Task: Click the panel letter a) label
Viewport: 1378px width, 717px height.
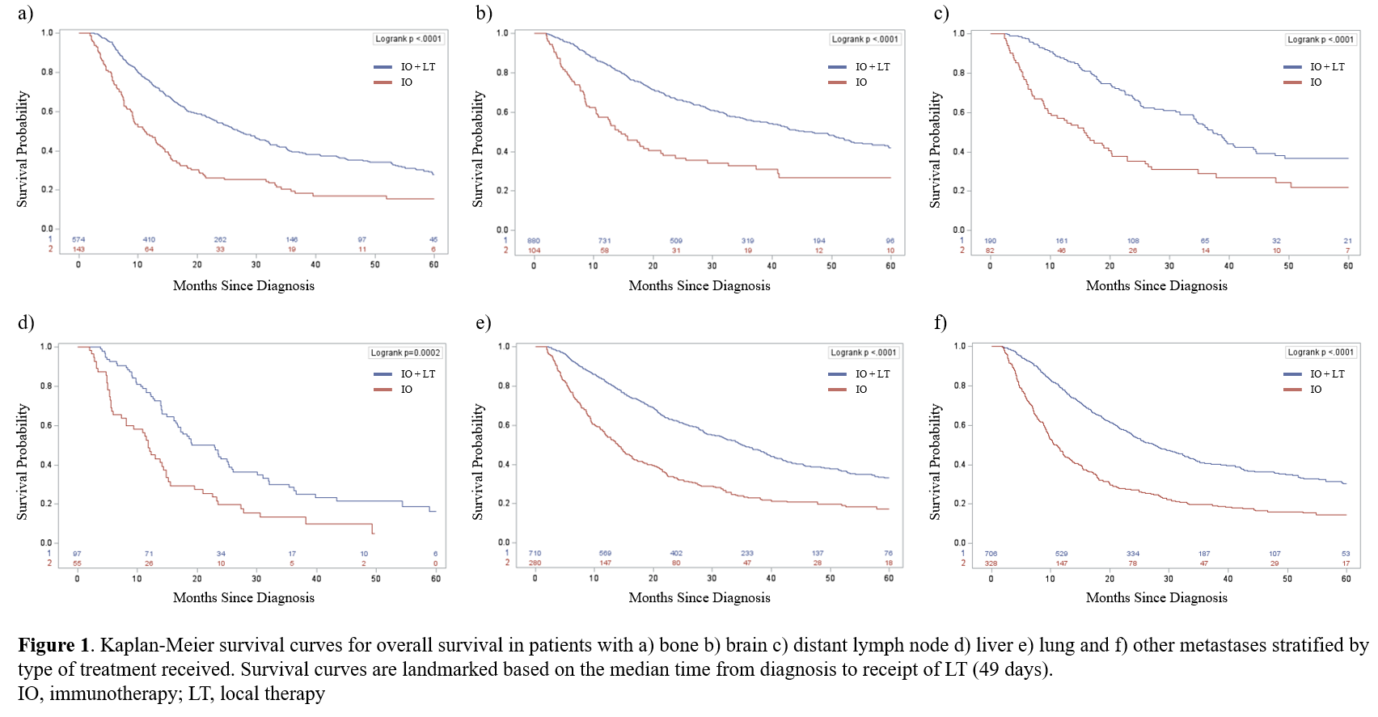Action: click(26, 13)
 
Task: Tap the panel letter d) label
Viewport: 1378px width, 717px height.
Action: click(26, 323)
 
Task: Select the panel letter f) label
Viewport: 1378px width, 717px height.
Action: click(941, 323)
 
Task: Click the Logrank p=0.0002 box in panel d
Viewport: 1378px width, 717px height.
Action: click(405, 352)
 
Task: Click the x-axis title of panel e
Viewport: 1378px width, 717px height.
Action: click(700, 597)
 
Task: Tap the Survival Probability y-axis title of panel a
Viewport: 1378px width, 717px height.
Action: click(23, 149)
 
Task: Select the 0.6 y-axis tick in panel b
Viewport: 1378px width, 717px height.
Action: click(502, 112)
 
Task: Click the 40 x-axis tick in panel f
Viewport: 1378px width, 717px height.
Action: click(1228, 578)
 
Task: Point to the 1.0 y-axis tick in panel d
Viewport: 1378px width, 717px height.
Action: click(46, 347)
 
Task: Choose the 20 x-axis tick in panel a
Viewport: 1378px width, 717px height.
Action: click(197, 264)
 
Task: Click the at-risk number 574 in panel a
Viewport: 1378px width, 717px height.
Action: click(78, 239)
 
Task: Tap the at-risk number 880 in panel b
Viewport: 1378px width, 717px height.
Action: click(534, 240)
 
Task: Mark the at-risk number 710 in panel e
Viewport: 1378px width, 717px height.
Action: click(535, 553)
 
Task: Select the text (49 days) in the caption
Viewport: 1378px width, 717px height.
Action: click(1013, 669)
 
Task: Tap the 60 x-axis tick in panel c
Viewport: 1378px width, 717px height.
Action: click(1348, 265)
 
